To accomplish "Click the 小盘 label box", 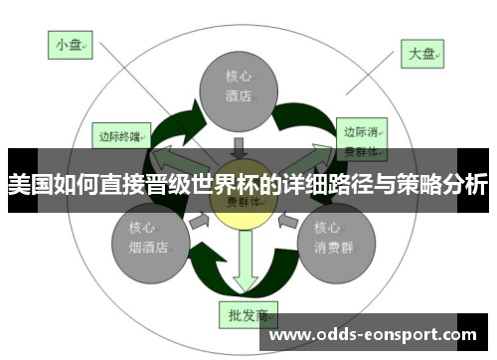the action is click(x=70, y=45).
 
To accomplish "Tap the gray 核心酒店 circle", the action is click(x=238, y=88).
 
